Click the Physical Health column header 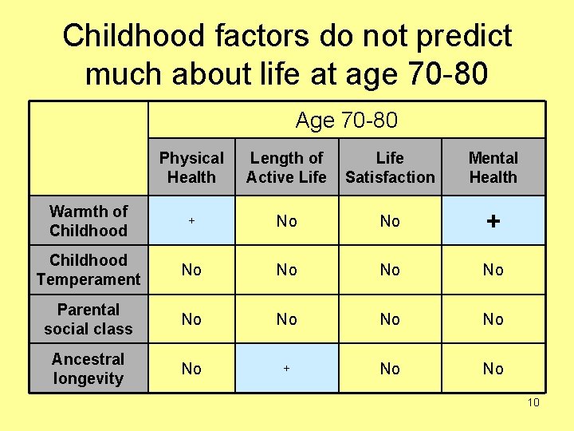click(x=191, y=168)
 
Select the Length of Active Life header click(x=286, y=168)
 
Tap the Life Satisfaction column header click(x=390, y=168)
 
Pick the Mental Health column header click(x=493, y=168)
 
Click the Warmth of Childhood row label click(x=88, y=220)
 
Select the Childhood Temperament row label click(x=88, y=270)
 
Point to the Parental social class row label click(x=88, y=318)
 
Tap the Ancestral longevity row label click(x=88, y=368)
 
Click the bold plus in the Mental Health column click(x=493, y=221)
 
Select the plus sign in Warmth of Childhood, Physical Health click(x=191, y=220)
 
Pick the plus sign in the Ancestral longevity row click(x=287, y=368)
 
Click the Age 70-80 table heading click(x=346, y=120)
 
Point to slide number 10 click(x=533, y=402)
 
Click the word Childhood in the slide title click(x=133, y=36)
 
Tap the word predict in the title click(x=464, y=38)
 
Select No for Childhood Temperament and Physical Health click(x=191, y=270)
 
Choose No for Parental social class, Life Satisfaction click(x=390, y=319)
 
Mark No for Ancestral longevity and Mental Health click(x=493, y=369)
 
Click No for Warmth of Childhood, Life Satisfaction click(x=390, y=221)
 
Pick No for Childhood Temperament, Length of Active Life click(x=287, y=270)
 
